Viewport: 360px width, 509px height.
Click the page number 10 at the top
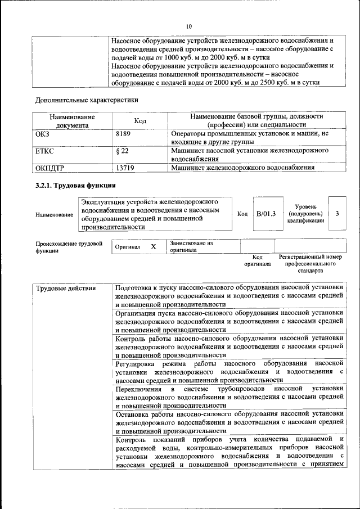[189, 26]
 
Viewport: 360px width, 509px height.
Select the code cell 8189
[124, 134]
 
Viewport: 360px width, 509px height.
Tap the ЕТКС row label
[44, 151]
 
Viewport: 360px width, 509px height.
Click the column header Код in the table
[140, 120]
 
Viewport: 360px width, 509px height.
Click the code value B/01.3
[265, 214]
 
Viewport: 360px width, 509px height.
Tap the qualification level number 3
[337, 214]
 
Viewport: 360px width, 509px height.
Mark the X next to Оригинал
[153, 247]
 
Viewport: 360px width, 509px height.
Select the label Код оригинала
[257, 260]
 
